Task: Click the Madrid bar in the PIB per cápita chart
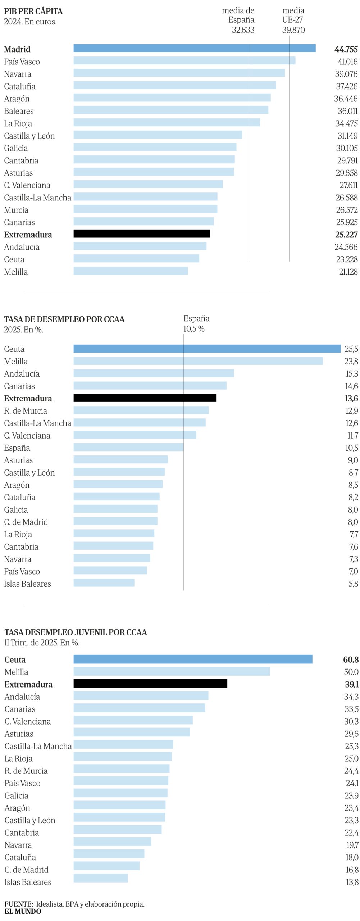(194, 48)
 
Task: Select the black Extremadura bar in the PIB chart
(142, 233)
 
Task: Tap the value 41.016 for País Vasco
(347, 62)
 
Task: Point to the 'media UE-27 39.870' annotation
(293, 20)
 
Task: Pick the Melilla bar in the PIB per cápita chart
(131, 271)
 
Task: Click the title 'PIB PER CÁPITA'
(33, 11)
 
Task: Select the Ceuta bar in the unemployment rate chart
(207, 348)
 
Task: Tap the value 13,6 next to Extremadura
(351, 398)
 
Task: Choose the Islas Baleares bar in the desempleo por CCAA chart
(104, 582)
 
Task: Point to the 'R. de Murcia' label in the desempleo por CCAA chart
(26, 411)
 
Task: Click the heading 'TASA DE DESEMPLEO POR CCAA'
(64, 319)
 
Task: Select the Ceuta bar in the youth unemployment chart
(193, 659)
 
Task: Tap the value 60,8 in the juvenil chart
(350, 659)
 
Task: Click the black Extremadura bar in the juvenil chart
(150, 684)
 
